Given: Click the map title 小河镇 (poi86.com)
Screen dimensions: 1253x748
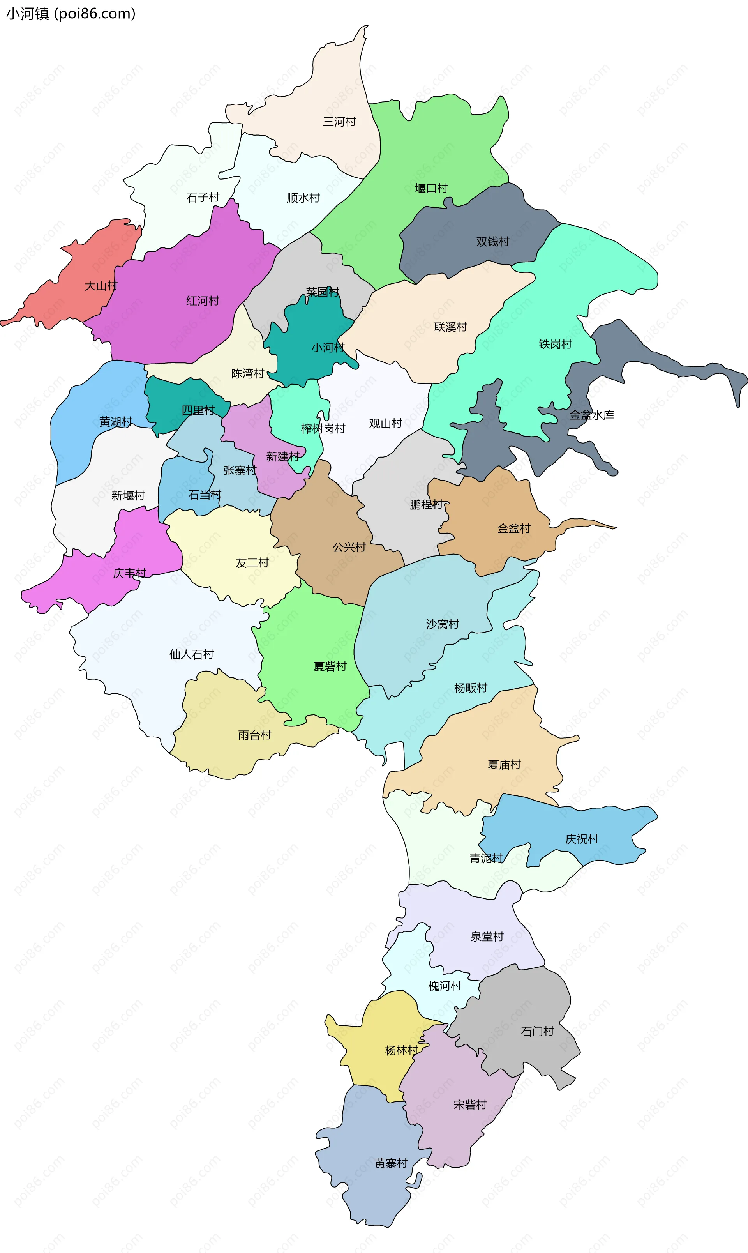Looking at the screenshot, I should tap(71, 14).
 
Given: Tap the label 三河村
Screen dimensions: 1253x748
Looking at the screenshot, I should tap(339, 122).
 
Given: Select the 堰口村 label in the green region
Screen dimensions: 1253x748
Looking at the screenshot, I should tap(431, 189).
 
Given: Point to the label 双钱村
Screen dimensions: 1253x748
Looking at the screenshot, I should tap(492, 242).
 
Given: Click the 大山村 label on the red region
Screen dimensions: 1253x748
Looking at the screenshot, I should tap(101, 286).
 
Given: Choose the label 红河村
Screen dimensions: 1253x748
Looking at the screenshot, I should tap(203, 301).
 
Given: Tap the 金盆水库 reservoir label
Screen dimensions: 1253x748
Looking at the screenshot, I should tap(592, 415).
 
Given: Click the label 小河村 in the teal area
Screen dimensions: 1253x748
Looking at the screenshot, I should tap(328, 347).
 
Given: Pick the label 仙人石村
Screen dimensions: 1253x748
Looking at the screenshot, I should tap(192, 654).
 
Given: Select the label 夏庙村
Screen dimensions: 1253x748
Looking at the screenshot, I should tap(504, 765).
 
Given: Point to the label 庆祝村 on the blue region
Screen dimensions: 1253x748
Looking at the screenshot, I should tap(582, 839).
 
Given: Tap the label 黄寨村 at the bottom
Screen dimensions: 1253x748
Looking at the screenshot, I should tap(391, 1163).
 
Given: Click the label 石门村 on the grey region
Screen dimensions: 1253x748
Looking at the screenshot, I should tap(537, 1032).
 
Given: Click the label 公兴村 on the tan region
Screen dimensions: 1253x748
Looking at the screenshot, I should tap(349, 547).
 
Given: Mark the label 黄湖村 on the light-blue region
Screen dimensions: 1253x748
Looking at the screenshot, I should tap(116, 422).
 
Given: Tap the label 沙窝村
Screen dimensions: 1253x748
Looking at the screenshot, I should tap(443, 624).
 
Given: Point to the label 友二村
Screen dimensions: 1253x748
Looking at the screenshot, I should tap(252, 563).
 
